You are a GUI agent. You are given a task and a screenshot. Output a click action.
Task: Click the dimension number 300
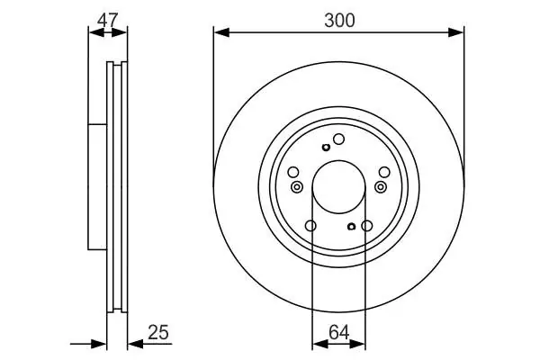pyautogui.click(x=339, y=21)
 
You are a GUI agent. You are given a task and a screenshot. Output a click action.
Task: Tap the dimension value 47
pyautogui.click(x=107, y=20)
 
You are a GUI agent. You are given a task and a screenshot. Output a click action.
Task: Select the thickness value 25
pyautogui.click(x=158, y=332)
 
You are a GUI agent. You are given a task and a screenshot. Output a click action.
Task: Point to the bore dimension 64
pyautogui.click(x=339, y=332)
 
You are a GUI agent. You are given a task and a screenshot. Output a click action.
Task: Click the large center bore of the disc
pyautogui.click(x=339, y=187)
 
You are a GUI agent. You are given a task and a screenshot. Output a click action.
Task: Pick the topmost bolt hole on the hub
pyautogui.click(x=339, y=139)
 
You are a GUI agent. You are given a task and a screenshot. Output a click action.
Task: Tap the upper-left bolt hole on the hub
pyautogui.click(x=293, y=172)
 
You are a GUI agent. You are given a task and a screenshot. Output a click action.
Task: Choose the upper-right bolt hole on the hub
pyautogui.click(x=384, y=172)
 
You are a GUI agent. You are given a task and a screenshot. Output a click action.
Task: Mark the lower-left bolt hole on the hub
pyautogui.click(x=310, y=226)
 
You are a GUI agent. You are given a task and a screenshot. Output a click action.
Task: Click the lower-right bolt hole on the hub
pyautogui.click(x=367, y=226)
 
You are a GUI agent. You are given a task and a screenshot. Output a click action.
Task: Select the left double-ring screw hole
pyautogui.click(x=296, y=187)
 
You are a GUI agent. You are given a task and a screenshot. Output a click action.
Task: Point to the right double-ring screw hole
pyautogui.click(x=381, y=187)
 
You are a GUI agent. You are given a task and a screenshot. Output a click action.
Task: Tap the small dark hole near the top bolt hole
pyautogui.click(x=326, y=148)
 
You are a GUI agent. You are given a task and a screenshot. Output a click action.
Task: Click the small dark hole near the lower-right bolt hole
pyautogui.click(x=351, y=226)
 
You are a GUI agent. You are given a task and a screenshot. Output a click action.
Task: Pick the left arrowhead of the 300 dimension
pyautogui.click(x=221, y=32)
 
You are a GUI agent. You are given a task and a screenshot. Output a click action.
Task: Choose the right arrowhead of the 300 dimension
pyautogui.click(x=456, y=32)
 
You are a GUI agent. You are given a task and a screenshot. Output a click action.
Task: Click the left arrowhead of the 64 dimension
pyautogui.click(x=319, y=344)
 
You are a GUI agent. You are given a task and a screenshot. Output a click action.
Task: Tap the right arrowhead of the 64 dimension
pyautogui.click(x=357, y=344)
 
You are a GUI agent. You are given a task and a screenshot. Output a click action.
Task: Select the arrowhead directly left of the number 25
pyautogui.click(x=135, y=344)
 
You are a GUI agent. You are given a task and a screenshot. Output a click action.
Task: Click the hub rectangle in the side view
pyautogui.click(x=97, y=186)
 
